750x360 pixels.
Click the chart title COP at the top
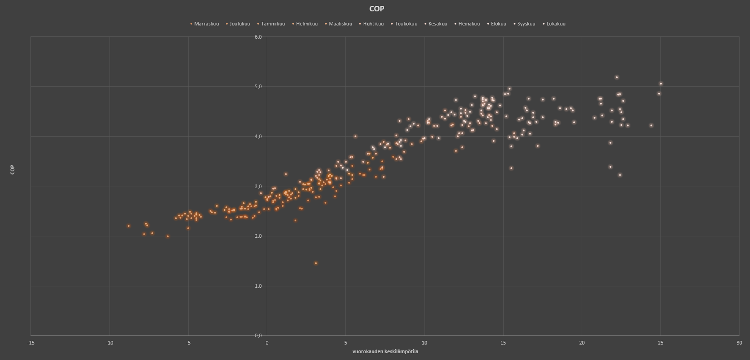(377, 9)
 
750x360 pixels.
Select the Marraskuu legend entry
(206, 24)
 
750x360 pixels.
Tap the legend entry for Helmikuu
(306, 24)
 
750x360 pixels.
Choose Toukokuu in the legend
(406, 24)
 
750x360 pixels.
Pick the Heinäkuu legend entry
(469, 24)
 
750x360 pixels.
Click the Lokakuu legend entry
(555, 24)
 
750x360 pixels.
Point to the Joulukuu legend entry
(240, 24)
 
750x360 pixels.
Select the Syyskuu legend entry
(526, 24)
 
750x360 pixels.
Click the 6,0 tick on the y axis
(258, 37)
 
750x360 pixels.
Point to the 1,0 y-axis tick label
(258, 286)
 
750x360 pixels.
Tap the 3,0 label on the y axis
(258, 186)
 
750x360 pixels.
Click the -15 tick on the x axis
(30, 343)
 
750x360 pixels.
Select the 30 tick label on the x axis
(740, 343)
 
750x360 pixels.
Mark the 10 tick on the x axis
(425, 343)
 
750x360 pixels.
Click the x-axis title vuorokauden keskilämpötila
(385, 351)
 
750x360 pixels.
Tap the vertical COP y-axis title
(13, 170)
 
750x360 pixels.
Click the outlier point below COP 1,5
(316, 263)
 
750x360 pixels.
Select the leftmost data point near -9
(129, 226)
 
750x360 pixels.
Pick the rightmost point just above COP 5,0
(661, 84)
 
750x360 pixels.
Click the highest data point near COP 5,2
(617, 77)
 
